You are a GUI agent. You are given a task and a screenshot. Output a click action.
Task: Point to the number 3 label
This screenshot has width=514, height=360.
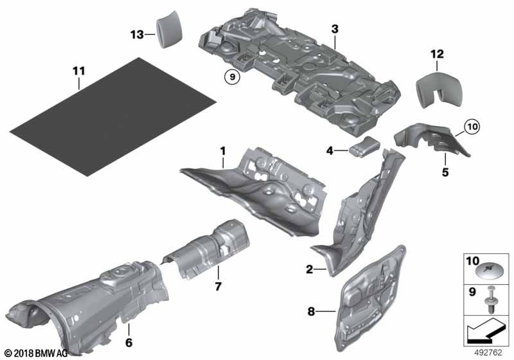click(x=335, y=28)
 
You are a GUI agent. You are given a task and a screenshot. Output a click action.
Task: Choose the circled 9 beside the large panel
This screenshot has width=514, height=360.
click(x=231, y=78)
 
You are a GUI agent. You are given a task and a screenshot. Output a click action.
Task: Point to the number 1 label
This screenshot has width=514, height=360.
click(x=222, y=152)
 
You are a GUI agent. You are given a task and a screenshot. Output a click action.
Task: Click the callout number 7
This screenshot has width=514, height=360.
click(x=217, y=285)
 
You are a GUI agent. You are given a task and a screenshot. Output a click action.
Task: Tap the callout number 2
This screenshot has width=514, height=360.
click(x=310, y=270)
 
